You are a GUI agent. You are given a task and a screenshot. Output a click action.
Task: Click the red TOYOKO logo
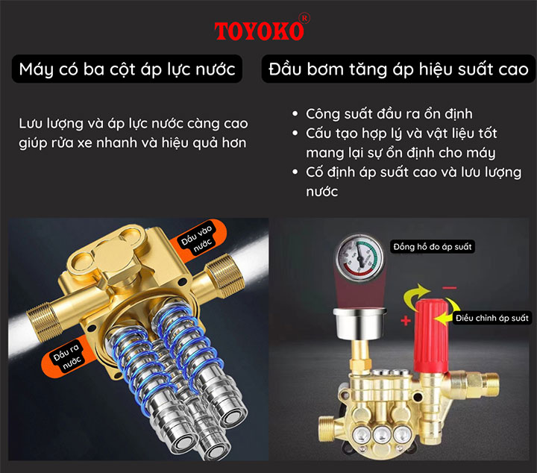click(x=259, y=31)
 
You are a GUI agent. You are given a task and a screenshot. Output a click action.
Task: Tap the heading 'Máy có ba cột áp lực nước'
click(x=128, y=69)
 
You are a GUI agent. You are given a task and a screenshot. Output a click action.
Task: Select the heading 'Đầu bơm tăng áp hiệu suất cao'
click(x=395, y=69)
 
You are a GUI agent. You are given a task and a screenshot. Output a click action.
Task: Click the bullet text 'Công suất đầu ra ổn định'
click(x=389, y=114)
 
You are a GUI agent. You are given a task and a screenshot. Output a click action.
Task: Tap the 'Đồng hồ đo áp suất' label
click(x=432, y=245)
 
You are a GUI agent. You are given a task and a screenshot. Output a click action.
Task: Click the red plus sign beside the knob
click(x=404, y=321)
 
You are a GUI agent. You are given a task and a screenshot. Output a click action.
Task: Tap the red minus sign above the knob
click(x=449, y=287)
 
